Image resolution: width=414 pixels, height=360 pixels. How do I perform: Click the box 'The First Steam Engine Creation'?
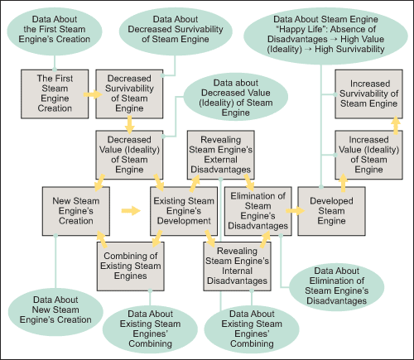[55, 94]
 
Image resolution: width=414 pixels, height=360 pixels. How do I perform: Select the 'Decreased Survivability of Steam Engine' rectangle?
[129, 94]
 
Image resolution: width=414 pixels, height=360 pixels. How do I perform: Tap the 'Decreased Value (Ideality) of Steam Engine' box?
[129, 155]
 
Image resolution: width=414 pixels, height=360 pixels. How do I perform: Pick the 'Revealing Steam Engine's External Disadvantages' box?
[221, 155]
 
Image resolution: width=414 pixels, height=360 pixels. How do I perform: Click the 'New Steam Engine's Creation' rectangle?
[76, 211]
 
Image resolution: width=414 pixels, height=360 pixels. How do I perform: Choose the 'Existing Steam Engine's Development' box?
[184, 211]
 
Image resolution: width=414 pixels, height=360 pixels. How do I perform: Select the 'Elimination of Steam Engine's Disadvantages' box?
[258, 211]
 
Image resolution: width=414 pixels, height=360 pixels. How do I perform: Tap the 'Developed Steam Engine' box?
[331, 211]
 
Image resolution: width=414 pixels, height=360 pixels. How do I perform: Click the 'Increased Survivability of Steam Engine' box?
[368, 94]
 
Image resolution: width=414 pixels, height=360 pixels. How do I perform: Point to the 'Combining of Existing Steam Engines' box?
[131, 266]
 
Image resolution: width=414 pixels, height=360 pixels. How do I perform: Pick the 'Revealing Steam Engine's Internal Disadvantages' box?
[237, 266]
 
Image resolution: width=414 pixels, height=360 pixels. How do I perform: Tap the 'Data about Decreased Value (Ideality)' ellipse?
[236, 97]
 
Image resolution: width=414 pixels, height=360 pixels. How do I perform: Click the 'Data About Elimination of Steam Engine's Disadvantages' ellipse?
[337, 287]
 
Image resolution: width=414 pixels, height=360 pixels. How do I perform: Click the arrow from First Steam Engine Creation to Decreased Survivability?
[93, 94]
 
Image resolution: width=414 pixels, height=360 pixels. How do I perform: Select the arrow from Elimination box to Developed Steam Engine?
[295, 211]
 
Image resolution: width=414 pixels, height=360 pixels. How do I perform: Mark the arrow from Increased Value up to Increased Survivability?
[396, 125]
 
